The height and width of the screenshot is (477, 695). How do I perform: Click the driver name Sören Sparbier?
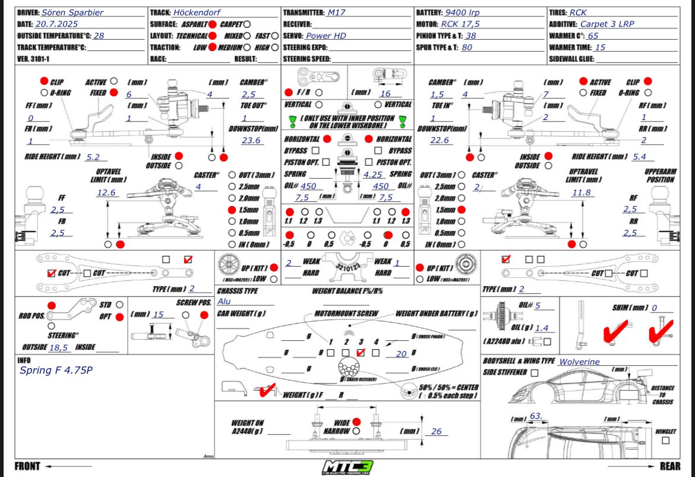72,12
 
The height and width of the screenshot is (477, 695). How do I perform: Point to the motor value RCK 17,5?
460,24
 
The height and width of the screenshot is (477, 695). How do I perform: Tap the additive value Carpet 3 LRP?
611,24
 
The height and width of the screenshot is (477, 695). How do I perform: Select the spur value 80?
467,47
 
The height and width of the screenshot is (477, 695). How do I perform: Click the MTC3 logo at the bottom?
347,466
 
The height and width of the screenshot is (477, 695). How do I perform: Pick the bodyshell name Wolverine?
579,361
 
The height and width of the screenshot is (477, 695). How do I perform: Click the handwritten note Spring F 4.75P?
56,370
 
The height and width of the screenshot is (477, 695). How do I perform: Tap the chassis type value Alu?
225,301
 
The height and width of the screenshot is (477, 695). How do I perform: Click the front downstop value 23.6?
251,140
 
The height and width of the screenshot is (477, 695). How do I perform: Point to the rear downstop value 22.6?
440,140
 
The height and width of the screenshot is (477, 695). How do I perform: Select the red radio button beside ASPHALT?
212,24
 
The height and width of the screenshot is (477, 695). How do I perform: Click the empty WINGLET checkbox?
665,440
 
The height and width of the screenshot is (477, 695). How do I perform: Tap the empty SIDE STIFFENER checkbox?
535,372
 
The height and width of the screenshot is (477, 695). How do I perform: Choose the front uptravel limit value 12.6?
106,192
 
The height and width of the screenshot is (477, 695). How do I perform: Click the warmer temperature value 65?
593,36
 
